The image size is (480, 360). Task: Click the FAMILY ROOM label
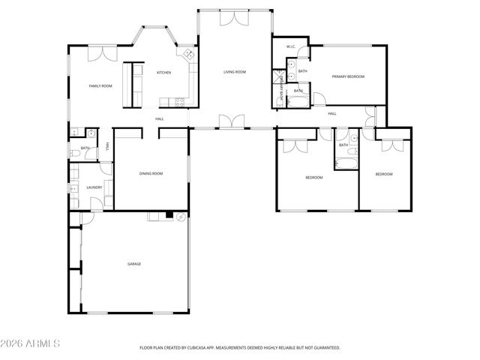tap(100, 86)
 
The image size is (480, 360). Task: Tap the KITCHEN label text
tap(163, 73)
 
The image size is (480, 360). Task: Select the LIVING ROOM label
tap(235, 72)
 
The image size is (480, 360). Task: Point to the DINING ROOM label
tap(151, 173)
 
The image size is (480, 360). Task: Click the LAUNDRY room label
tap(94, 187)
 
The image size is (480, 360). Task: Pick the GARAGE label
tap(134, 264)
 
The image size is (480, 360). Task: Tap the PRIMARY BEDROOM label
tap(348, 76)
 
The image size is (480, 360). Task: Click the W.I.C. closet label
tap(291, 47)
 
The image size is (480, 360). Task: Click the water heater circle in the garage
tap(181, 217)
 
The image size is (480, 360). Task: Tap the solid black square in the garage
tap(170, 216)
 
